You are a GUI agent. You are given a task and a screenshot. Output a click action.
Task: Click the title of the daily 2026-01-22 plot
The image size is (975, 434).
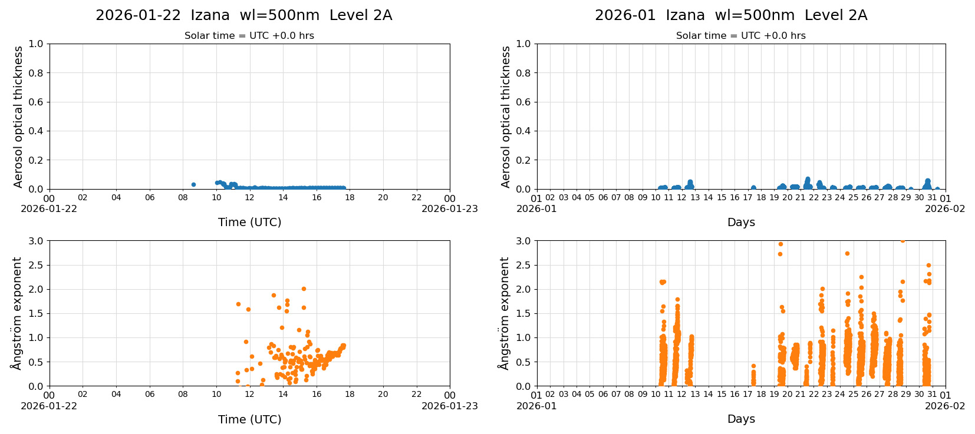(243, 15)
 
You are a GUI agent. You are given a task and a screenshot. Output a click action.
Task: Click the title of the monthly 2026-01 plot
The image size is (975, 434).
(731, 15)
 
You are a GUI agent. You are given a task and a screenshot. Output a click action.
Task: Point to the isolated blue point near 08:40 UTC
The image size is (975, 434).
(193, 184)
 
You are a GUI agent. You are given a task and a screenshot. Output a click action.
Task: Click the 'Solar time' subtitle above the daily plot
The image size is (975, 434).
(249, 36)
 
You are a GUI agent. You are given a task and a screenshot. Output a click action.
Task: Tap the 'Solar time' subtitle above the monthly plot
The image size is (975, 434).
(741, 36)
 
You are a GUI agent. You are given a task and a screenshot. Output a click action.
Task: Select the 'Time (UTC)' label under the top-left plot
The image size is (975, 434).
(249, 222)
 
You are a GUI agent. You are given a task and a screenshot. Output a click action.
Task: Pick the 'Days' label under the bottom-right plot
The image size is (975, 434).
(741, 419)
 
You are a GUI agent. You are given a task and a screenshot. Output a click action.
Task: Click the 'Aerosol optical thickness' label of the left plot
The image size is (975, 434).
(18, 117)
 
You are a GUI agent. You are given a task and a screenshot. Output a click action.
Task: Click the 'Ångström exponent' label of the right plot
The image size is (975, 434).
(504, 313)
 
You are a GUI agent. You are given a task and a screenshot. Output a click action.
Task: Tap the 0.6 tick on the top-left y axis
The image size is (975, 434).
(36, 102)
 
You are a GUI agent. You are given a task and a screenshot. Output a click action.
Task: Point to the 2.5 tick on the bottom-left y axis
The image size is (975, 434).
(36, 265)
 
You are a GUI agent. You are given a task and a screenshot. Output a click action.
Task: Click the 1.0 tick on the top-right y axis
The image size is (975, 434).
(523, 44)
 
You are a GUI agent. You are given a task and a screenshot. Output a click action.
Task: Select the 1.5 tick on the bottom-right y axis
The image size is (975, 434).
(523, 313)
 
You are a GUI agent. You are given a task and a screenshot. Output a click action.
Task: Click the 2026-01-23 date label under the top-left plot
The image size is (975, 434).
(449, 209)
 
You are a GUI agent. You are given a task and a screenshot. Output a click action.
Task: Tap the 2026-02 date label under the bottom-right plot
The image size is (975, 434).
(945, 406)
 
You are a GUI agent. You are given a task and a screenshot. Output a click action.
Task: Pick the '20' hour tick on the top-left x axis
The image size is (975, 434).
(383, 198)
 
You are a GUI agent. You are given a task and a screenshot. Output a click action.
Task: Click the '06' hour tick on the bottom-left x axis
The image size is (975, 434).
(150, 395)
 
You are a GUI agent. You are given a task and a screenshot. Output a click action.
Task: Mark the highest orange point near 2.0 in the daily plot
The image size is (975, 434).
(304, 289)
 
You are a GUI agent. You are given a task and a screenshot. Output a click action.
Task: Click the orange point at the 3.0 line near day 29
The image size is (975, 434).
(902, 240)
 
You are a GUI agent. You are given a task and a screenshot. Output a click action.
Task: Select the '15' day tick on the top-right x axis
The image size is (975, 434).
(722, 198)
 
